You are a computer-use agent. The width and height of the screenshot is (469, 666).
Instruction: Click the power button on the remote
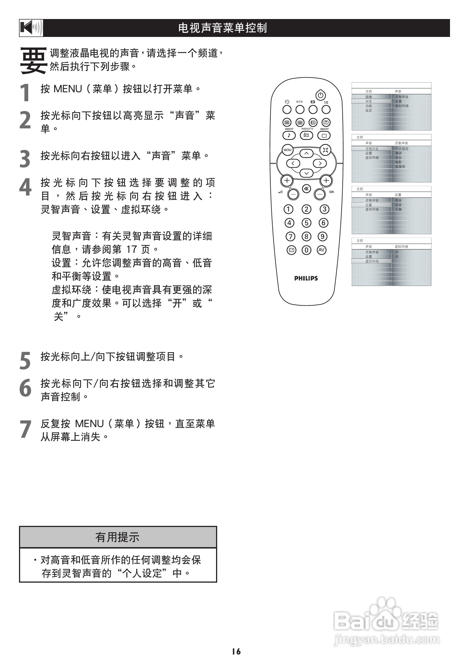[x=320, y=95]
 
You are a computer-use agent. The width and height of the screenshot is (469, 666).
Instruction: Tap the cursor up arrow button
[x=306, y=153]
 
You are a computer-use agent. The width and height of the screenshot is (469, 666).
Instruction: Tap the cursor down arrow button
[x=306, y=173]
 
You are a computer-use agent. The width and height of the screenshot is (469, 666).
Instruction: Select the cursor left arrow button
[x=293, y=163]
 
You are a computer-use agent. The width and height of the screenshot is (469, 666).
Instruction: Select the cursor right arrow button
[x=320, y=163]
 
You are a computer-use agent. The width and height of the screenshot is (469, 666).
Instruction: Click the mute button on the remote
[x=306, y=189]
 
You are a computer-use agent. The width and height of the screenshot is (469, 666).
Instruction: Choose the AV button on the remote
[x=321, y=250]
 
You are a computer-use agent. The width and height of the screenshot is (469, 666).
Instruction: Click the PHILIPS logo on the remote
[x=306, y=279]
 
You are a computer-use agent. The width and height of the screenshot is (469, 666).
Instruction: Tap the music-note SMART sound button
[x=289, y=135]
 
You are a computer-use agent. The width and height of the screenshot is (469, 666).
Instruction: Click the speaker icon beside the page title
[x=31, y=28]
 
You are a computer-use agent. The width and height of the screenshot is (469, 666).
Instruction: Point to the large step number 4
[x=25, y=187]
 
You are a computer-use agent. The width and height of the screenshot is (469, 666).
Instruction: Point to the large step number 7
[x=25, y=429]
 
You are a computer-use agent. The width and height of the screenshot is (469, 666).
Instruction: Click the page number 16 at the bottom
[x=236, y=651]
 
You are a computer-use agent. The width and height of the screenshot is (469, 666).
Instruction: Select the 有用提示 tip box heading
[x=118, y=537]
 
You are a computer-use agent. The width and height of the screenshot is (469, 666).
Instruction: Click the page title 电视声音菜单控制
[x=222, y=28]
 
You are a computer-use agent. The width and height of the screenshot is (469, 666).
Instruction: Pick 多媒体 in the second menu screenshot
[x=400, y=166]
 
